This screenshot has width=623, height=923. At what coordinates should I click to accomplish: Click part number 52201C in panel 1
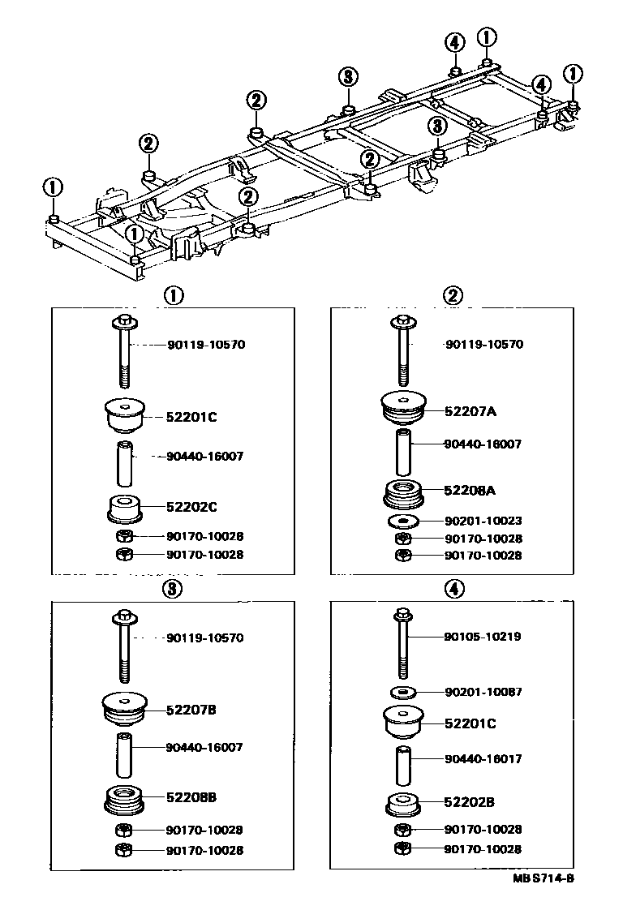click(192, 417)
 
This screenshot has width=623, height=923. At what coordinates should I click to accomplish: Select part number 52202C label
click(192, 507)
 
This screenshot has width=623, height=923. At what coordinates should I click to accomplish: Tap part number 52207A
click(470, 411)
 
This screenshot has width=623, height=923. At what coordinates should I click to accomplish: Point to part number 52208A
click(470, 490)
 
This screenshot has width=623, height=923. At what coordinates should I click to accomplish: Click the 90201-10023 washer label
click(483, 521)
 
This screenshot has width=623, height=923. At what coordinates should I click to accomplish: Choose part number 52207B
click(192, 710)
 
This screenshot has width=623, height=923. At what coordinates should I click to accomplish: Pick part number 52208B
click(192, 797)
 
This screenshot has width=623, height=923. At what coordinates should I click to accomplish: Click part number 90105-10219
click(483, 637)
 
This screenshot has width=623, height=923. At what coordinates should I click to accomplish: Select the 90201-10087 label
click(483, 692)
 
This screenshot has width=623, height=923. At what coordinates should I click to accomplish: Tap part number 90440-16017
click(483, 759)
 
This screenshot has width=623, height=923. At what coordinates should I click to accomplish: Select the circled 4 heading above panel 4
click(453, 590)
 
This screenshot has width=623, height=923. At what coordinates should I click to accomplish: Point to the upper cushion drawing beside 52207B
click(123, 708)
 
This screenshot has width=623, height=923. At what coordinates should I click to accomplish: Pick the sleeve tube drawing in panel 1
click(123, 461)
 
